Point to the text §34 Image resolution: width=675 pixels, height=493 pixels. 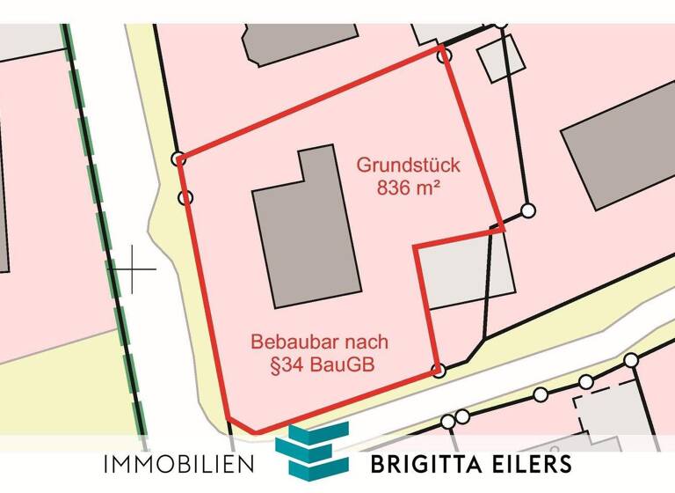click(x=272, y=363)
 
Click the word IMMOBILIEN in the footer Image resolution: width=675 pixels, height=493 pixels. click(x=178, y=464)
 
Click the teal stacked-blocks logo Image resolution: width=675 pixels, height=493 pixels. click(x=312, y=451)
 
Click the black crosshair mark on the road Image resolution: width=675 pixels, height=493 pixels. click(x=132, y=269)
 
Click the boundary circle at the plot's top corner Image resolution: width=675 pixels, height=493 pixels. click(x=446, y=55)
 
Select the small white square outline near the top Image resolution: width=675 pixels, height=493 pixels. click(x=501, y=60)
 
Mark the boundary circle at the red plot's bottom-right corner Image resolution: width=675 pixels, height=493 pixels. click(x=439, y=371)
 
